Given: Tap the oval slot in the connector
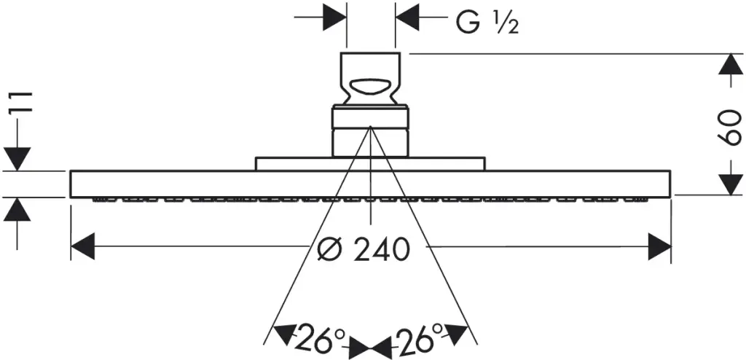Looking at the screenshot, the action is [370, 86].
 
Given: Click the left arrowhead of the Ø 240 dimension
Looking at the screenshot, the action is [83, 246].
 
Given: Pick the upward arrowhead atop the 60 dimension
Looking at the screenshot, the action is [729, 64].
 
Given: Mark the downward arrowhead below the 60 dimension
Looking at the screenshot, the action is [729, 184].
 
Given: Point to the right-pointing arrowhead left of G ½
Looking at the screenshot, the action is [334, 18].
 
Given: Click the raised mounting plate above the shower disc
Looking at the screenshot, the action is [370, 163].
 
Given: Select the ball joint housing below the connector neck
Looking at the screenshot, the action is [370, 132].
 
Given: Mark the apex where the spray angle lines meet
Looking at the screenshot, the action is [370, 127].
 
